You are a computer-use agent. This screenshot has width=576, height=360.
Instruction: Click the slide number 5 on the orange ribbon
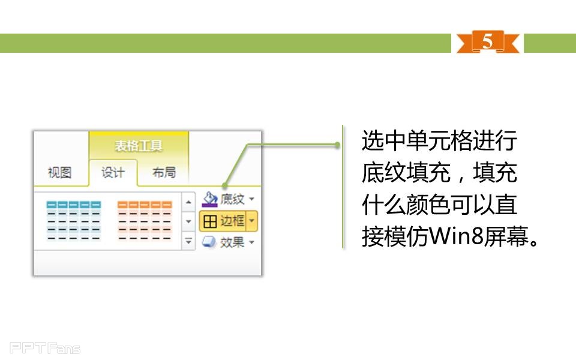coord(487,42)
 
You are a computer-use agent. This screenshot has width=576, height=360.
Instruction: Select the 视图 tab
coord(59,173)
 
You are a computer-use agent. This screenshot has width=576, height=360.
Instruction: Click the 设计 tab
coord(113,173)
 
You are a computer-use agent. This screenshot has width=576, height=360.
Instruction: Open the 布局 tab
coord(164,173)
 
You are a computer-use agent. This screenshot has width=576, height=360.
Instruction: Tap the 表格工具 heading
coord(139,146)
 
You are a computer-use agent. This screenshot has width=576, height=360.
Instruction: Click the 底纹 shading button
coord(228,199)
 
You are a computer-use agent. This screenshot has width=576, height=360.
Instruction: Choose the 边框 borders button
coord(223,221)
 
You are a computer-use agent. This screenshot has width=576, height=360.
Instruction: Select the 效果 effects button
coord(228,242)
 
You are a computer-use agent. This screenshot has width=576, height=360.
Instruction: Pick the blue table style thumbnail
coord(74,220)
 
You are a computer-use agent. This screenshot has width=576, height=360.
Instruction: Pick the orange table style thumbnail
coord(145,220)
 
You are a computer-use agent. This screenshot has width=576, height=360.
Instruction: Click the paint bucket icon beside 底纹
coord(209,199)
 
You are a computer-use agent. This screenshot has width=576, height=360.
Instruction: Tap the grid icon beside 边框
coord(210,221)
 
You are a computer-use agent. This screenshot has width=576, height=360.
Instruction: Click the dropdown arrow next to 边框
coord(252,221)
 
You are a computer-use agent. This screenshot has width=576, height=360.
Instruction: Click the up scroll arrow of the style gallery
coord(189,202)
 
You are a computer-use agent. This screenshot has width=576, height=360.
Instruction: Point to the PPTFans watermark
coord(45,348)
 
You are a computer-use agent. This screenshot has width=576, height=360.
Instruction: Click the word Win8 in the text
coord(459,238)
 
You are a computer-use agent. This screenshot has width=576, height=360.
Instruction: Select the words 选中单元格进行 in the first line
coord(439,142)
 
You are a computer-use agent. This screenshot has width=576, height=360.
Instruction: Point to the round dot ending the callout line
coord(338,145)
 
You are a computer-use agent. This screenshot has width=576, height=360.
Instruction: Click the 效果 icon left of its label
coord(209,242)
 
